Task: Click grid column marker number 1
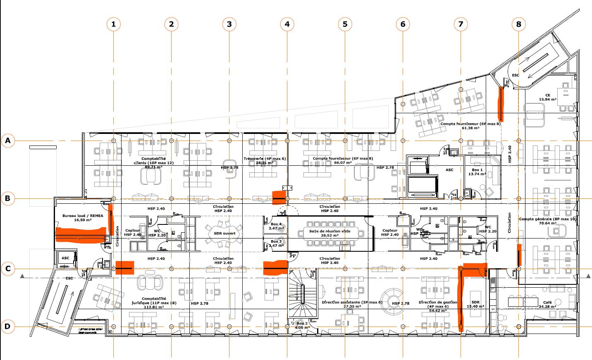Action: click(x=113, y=24)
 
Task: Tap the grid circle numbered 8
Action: click(x=518, y=24)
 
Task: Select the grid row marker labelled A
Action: click(x=7, y=141)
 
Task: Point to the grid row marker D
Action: click(x=7, y=327)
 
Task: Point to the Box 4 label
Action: click(x=276, y=226)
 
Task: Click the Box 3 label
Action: click(x=276, y=243)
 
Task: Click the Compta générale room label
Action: click(x=547, y=221)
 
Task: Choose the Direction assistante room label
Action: click(x=352, y=305)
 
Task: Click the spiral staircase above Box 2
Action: click(x=303, y=294)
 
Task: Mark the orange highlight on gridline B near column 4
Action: click(x=279, y=198)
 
